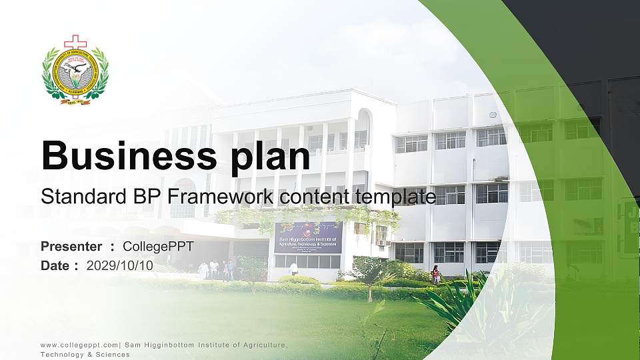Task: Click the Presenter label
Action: tap(71, 247)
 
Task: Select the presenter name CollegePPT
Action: tap(158, 247)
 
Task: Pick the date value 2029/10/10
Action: tap(119, 265)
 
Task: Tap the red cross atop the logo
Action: tap(75, 42)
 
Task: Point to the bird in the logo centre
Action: tap(75, 69)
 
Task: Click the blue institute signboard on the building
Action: tap(308, 237)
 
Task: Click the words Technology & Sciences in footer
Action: tap(85, 355)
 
